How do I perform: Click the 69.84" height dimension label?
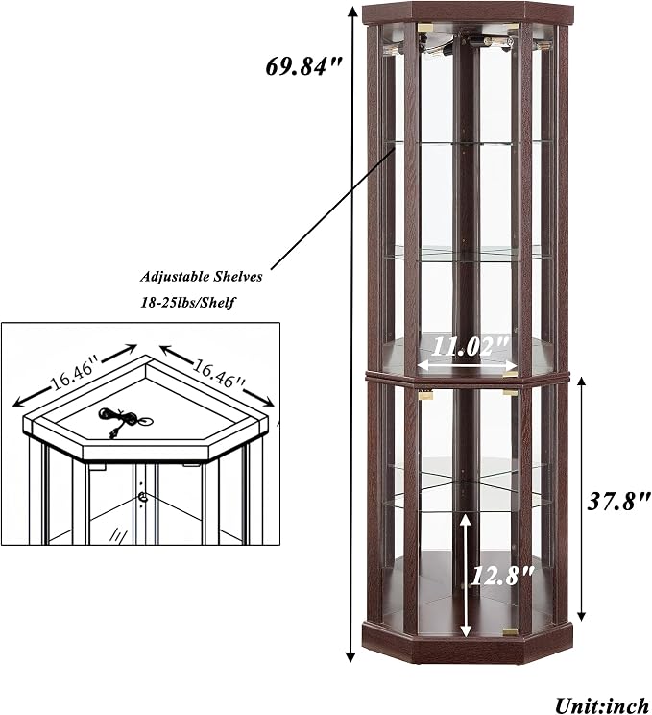pos(303,66)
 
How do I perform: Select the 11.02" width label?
pos(469,347)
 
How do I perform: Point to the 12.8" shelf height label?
pos(501,576)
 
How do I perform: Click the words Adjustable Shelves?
pos(202,277)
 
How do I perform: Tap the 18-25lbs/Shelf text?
pos(187,302)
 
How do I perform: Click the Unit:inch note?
pos(602,705)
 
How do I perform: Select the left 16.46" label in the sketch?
pos(75,376)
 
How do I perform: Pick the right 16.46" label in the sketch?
pos(219,373)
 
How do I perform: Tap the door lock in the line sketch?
pos(144,498)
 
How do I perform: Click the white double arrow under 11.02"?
pos(469,365)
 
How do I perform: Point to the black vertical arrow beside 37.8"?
pos(581,500)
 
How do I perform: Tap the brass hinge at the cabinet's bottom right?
pos(510,632)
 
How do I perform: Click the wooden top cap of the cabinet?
pos(467,12)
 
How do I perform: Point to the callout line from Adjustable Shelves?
pos(331,208)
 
